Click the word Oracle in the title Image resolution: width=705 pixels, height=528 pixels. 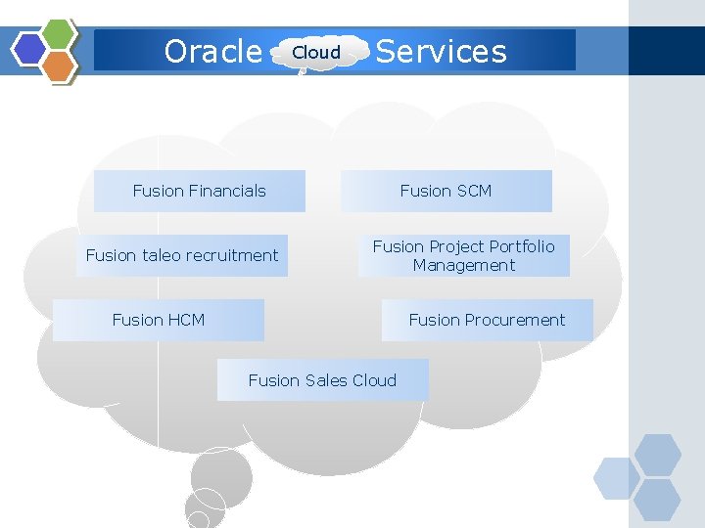(212, 51)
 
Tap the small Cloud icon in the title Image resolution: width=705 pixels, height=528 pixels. (317, 53)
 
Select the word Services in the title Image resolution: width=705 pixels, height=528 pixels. (442, 51)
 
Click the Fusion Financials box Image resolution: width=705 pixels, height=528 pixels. (199, 191)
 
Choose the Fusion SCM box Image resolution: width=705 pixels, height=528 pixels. (446, 191)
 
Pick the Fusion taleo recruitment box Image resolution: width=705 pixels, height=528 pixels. (182, 255)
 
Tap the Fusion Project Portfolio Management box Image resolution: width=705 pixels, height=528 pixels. (463, 255)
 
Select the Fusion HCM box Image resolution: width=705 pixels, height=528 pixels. (159, 320)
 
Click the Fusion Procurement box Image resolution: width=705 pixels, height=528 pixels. (487, 320)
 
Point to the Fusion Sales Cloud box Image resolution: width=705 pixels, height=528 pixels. (322, 380)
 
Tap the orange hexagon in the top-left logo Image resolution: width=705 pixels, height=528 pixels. (60, 66)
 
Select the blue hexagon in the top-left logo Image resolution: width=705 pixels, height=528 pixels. (30, 49)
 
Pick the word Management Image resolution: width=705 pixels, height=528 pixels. (463, 265)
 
